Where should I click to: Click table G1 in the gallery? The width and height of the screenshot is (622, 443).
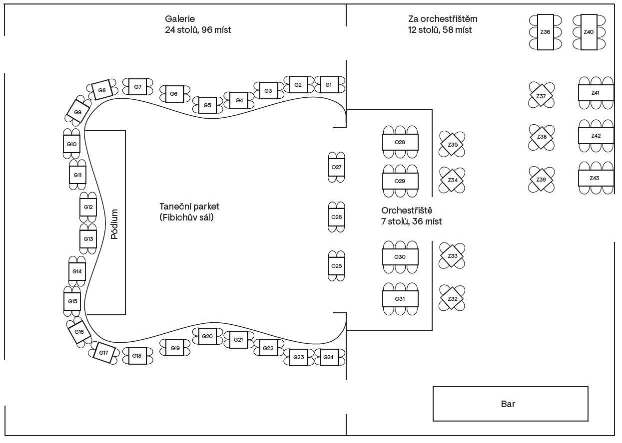[329, 84]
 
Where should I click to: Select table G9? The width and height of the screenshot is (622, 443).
[78, 111]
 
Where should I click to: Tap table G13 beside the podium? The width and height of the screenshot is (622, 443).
[88, 238]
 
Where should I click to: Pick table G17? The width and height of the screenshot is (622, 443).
[103, 352]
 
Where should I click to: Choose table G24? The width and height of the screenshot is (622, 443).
[329, 357]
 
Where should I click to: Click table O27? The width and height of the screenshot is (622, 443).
[337, 167]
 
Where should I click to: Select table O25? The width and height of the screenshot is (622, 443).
[337, 266]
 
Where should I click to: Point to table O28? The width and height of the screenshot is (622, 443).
[400, 142]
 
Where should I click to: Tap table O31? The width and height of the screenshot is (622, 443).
[400, 298]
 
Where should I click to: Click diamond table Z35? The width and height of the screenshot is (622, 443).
[452, 144]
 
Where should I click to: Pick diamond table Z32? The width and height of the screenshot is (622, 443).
[452, 298]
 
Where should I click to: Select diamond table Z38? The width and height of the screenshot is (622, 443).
[542, 137]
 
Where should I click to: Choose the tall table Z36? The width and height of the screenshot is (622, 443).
[546, 32]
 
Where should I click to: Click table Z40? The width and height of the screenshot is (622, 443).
[589, 32]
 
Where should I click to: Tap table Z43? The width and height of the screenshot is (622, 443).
[596, 178]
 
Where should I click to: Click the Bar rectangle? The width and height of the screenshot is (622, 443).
[511, 404]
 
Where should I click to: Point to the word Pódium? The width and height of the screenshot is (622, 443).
[114, 224]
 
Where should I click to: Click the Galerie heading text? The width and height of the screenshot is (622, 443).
[180, 19]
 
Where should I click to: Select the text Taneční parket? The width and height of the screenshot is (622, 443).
[189, 207]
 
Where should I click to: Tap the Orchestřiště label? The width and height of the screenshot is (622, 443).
[407, 211]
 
